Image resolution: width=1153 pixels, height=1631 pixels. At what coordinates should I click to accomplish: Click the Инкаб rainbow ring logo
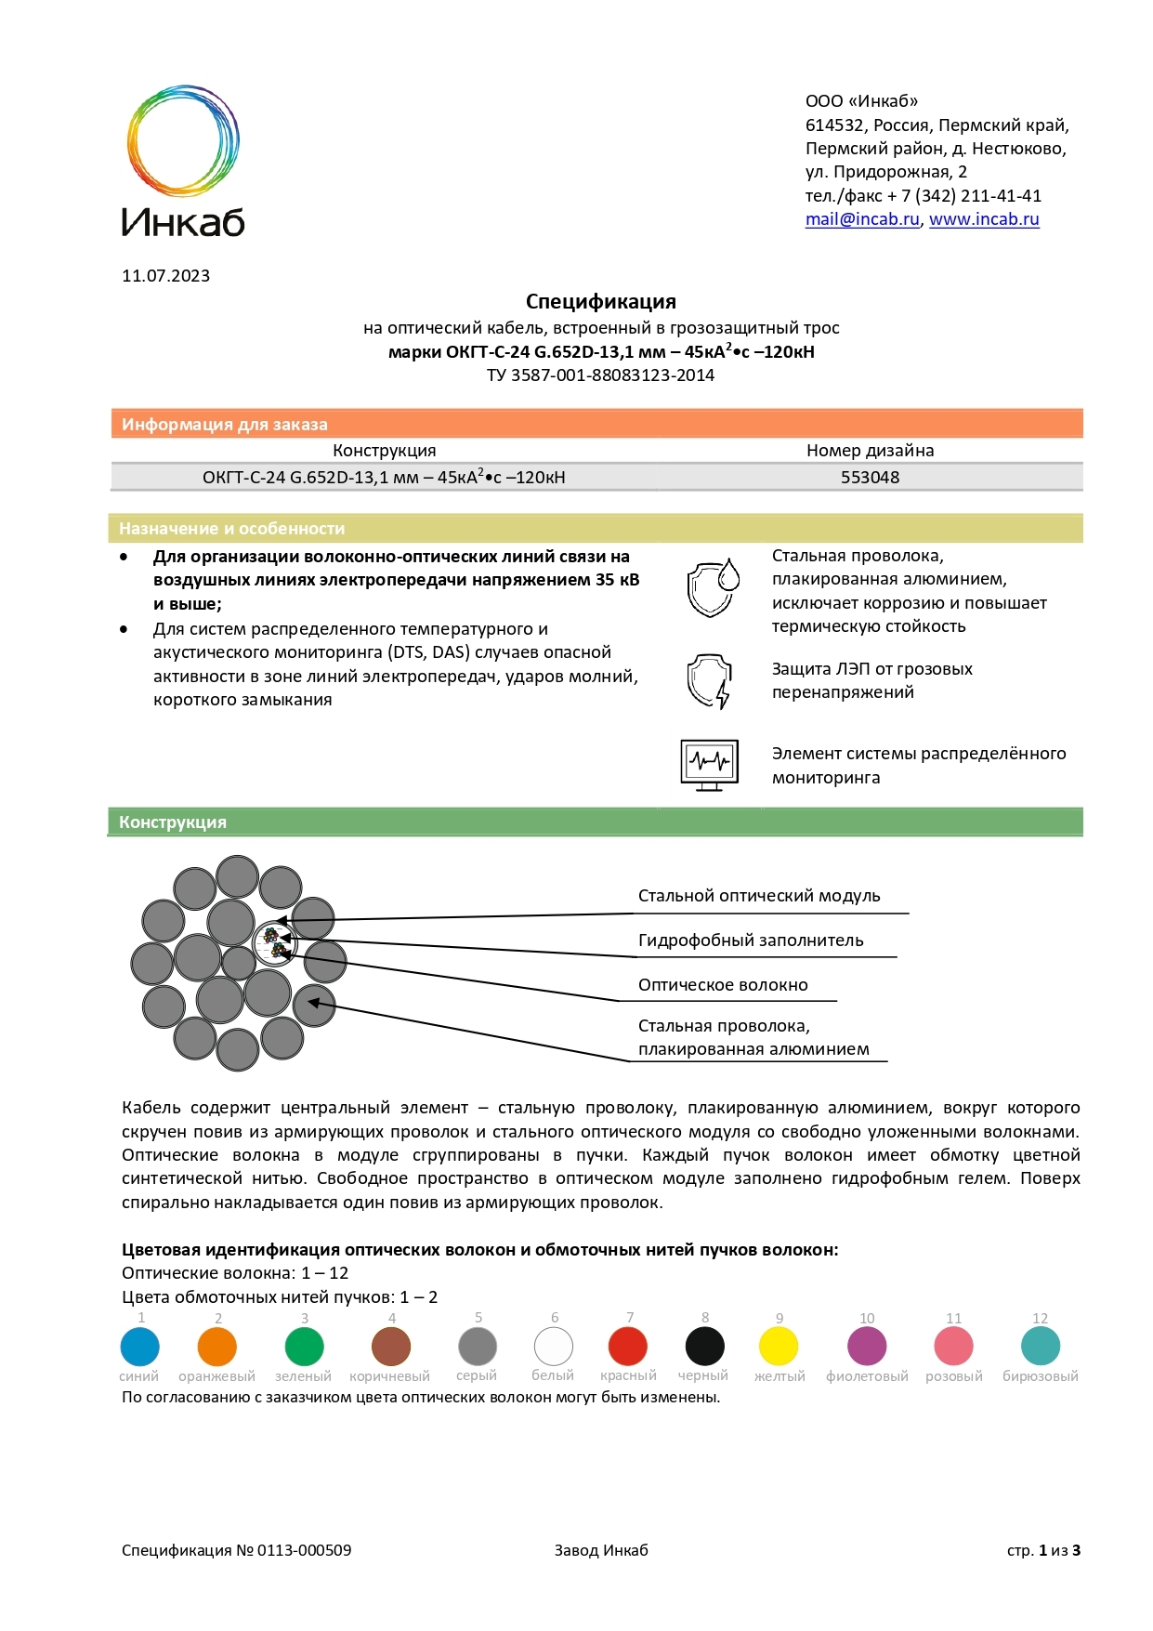[183, 140]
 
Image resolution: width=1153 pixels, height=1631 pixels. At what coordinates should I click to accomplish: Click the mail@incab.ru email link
[861, 220]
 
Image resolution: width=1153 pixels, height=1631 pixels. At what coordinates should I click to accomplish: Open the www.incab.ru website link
[984, 220]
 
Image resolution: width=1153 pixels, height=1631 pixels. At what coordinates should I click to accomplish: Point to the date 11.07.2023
[165, 276]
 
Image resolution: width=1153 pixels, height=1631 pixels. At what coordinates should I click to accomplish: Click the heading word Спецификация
[600, 302]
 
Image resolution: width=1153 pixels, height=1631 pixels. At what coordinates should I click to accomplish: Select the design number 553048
[870, 478]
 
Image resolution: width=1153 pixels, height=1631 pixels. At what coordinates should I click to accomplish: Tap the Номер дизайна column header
[870, 451]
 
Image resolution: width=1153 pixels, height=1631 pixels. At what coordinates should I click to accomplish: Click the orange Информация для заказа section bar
[595, 424]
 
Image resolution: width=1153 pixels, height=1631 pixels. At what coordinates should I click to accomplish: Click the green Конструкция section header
[595, 822]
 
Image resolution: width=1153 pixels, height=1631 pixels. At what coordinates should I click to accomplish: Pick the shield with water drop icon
[712, 587]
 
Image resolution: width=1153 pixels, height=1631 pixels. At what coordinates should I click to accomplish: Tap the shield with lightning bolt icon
[710, 681]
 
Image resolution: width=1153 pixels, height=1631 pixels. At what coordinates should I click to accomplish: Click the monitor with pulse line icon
[710, 765]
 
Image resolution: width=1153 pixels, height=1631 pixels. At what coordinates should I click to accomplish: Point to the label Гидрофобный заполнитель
[751, 940]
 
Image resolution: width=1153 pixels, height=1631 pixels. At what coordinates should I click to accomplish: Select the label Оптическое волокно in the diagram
[723, 985]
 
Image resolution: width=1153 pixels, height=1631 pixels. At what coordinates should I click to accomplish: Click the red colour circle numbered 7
[628, 1347]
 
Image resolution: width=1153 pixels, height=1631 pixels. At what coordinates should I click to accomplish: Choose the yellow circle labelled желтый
[779, 1347]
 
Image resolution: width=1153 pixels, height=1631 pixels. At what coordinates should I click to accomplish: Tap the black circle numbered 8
[704, 1347]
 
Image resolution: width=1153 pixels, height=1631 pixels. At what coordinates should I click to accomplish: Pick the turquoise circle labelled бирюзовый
[1041, 1347]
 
